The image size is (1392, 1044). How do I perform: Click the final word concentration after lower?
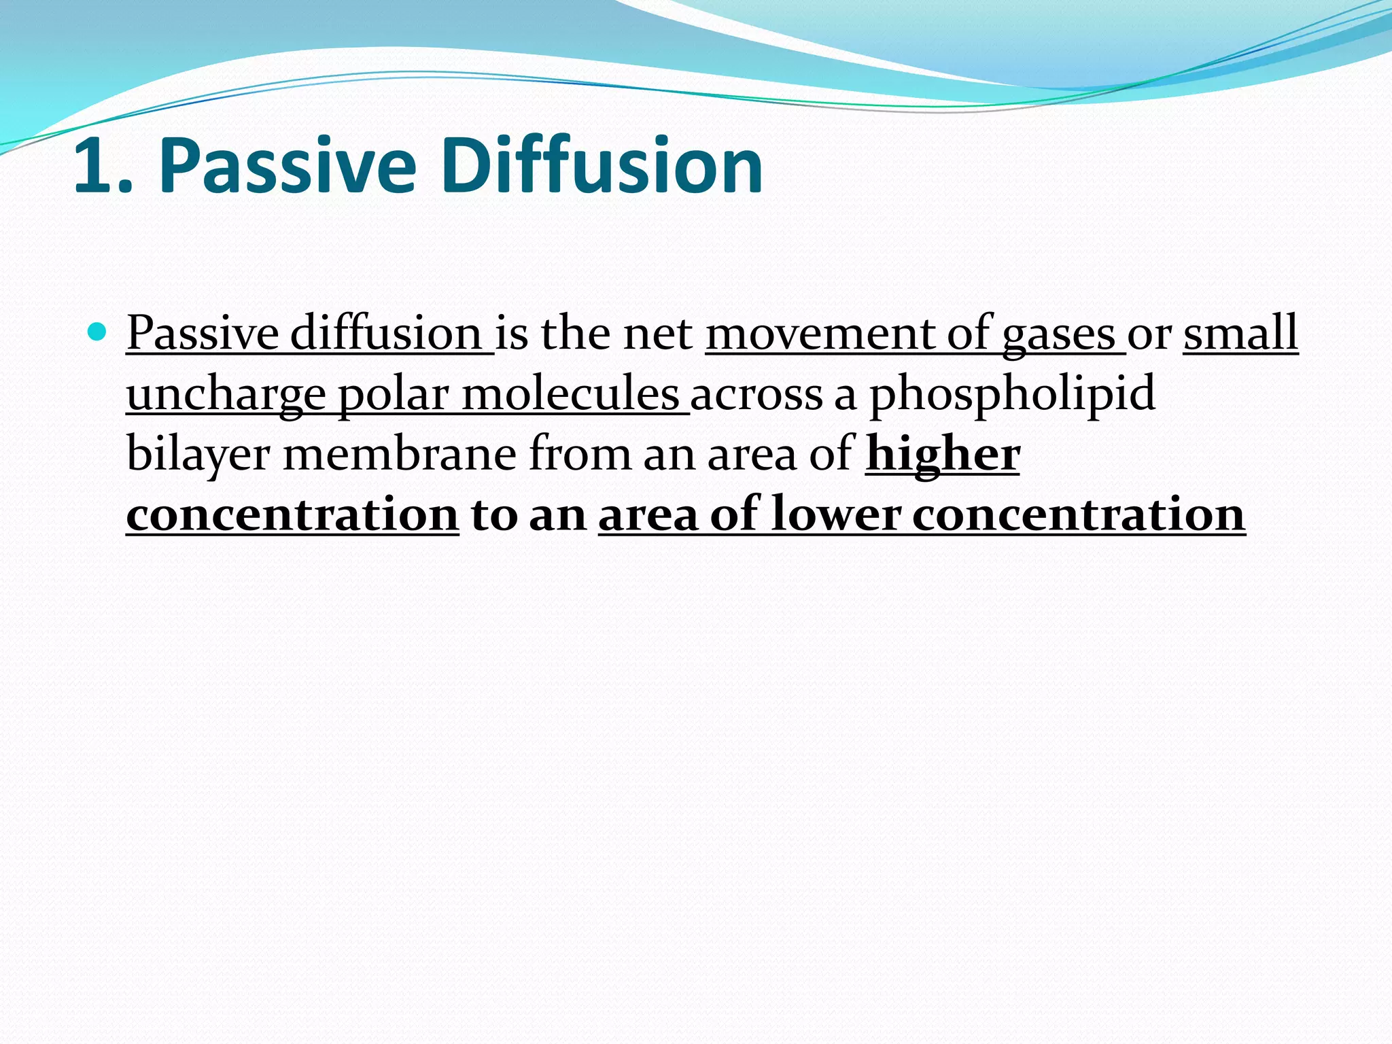(1078, 515)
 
